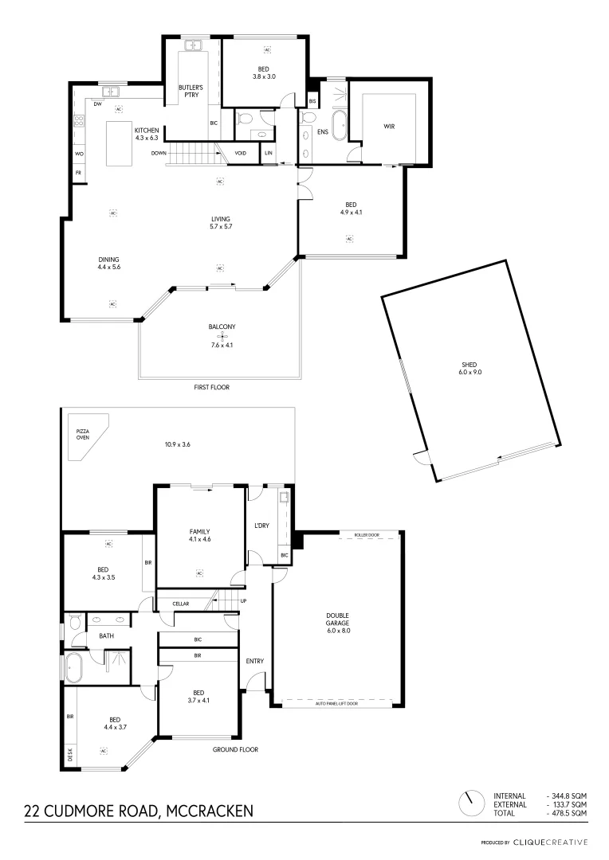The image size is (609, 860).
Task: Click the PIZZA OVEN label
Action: pyautogui.click(x=83, y=434)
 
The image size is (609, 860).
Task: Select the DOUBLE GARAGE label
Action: pyautogui.click(x=337, y=622)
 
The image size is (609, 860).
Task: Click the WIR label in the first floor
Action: pyautogui.click(x=389, y=126)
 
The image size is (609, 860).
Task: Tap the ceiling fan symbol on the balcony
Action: pyautogui.click(x=223, y=336)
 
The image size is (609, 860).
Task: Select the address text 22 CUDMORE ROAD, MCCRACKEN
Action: pyautogui.click(x=139, y=811)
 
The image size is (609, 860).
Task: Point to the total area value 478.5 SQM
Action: pyautogui.click(x=568, y=813)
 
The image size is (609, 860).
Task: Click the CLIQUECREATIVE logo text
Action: pyautogui.click(x=550, y=842)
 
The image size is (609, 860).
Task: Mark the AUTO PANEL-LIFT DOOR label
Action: pyautogui.click(x=336, y=703)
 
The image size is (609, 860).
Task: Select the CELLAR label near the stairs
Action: pyautogui.click(x=181, y=604)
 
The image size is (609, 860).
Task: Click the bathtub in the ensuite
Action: pyautogui.click(x=340, y=126)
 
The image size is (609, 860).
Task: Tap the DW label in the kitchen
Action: pyautogui.click(x=96, y=104)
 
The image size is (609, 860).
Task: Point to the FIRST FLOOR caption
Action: pyautogui.click(x=212, y=386)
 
